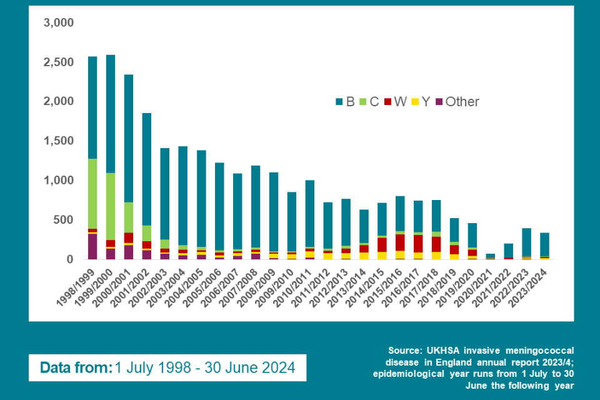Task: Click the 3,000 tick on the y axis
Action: tap(59, 23)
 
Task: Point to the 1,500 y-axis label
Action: tap(59, 141)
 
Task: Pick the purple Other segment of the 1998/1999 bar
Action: tap(92, 246)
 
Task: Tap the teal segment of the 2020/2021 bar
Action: tap(491, 256)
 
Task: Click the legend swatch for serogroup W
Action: tap(388, 102)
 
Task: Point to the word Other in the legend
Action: tap(462, 102)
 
